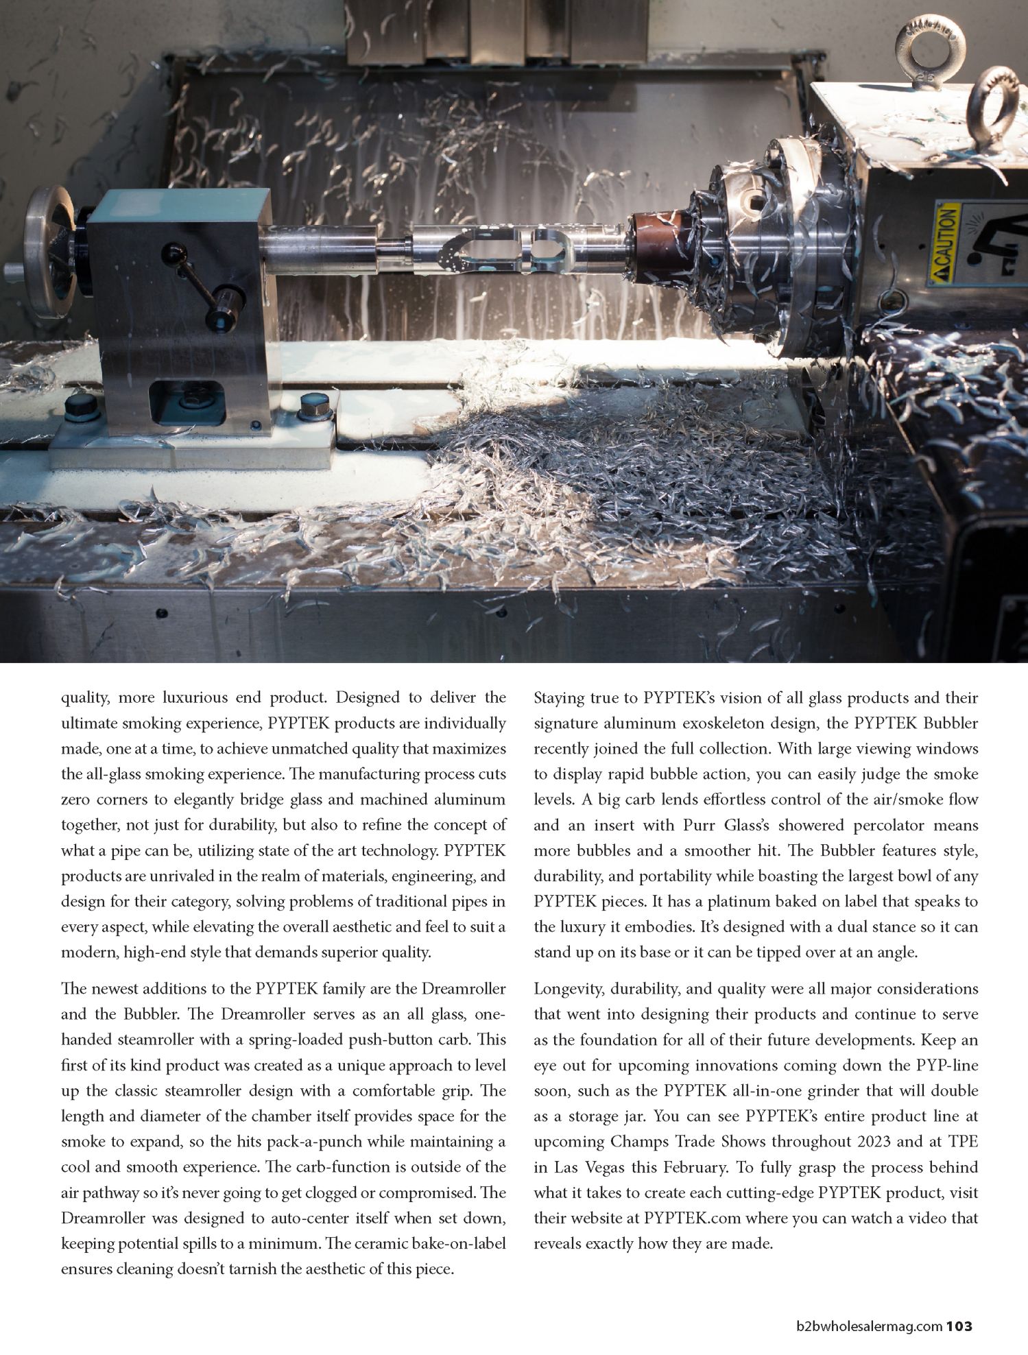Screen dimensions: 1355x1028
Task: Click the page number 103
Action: (959, 1326)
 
